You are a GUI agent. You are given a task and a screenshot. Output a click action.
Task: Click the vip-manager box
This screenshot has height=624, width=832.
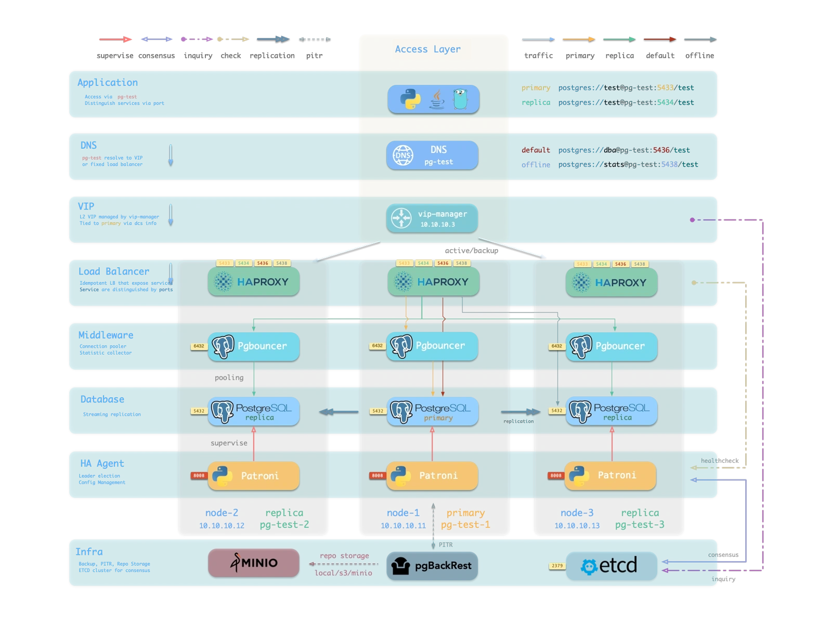[432, 218]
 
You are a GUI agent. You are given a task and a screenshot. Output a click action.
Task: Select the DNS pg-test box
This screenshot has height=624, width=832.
[432, 155]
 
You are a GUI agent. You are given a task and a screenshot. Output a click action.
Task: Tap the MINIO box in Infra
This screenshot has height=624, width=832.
[254, 563]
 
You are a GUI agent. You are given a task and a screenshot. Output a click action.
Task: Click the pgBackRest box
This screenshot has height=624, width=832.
[432, 566]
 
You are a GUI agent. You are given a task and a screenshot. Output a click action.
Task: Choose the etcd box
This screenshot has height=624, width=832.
[611, 566]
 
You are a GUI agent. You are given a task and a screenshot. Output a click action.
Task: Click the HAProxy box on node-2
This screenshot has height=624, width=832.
[254, 282]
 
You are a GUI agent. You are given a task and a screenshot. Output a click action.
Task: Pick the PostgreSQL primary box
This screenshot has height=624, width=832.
[432, 411]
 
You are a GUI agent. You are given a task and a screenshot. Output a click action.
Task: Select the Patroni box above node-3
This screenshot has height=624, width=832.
[610, 475]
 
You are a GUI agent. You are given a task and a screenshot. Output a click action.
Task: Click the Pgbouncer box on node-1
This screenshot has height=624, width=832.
[432, 346]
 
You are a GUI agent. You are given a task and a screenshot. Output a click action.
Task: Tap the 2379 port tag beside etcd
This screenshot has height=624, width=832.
[557, 566]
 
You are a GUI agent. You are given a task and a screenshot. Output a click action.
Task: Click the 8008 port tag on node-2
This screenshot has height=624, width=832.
[199, 475]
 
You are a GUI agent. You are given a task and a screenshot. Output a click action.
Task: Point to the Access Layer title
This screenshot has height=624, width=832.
[427, 49]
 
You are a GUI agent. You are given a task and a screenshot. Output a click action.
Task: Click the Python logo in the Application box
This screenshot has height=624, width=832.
[410, 99]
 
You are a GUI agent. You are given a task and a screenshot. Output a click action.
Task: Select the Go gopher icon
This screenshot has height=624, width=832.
[460, 98]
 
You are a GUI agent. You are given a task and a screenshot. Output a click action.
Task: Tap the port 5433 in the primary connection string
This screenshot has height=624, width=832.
[665, 88]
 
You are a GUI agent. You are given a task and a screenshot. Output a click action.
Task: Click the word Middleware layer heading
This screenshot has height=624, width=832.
[106, 335]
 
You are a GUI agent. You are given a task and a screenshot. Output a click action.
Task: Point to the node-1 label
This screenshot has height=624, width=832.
[403, 513]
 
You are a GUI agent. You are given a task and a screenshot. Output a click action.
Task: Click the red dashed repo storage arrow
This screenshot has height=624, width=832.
[343, 564]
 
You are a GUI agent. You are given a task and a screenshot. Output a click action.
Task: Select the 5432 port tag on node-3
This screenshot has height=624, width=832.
[556, 411]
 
